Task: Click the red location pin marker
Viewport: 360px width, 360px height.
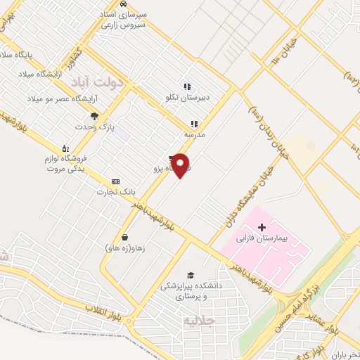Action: [x=181, y=165]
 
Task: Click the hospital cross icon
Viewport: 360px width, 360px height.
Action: [x=262, y=227]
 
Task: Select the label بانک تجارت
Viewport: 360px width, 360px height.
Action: [x=115, y=191]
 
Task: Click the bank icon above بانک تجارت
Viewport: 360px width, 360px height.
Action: [x=115, y=181]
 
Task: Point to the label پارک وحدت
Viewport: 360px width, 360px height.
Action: [x=96, y=127]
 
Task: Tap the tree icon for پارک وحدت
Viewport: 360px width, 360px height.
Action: [x=95, y=116]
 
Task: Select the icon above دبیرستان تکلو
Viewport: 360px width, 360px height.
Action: [x=187, y=87]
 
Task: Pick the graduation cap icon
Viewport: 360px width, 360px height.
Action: [x=191, y=275]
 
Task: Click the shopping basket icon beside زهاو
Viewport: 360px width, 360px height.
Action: [x=125, y=237]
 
